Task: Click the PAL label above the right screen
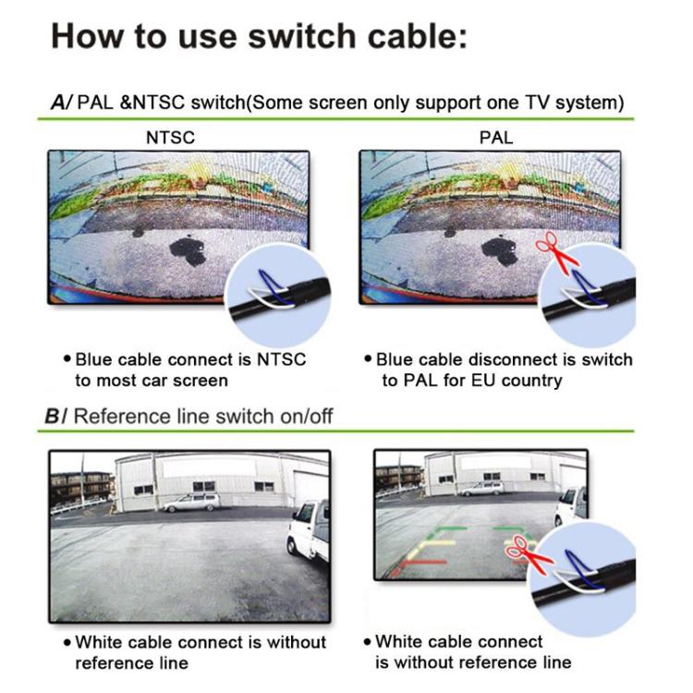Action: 496,138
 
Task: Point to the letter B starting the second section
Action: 54,416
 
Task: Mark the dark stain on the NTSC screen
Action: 186,249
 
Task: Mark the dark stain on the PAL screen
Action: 499,249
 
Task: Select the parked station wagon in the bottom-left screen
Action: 191,502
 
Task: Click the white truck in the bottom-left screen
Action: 308,531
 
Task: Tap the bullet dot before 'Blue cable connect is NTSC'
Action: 67,359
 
